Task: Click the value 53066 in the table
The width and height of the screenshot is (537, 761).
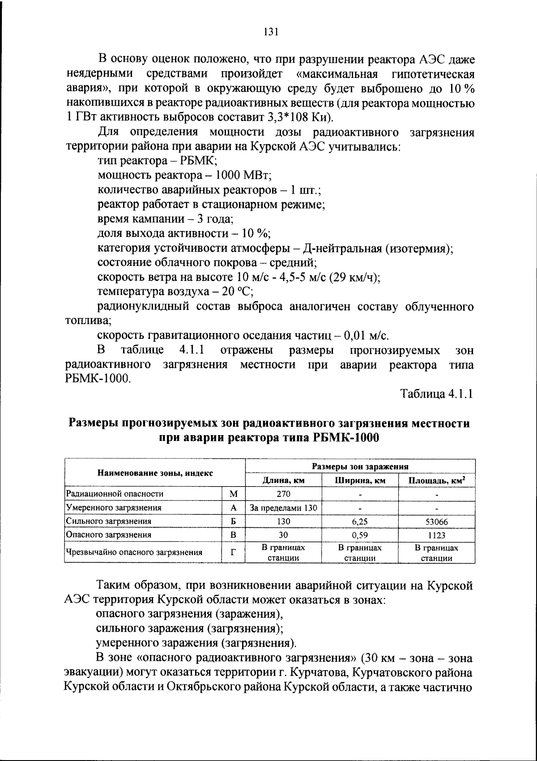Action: point(436,522)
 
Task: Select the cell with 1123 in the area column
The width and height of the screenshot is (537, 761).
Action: point(436,535)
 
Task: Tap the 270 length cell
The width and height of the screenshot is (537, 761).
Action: point(283,494)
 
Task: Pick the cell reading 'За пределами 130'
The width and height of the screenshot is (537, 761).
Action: point(283,508)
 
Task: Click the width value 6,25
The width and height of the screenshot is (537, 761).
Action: point(360,522)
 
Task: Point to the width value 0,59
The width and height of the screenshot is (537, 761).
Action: point(360,535)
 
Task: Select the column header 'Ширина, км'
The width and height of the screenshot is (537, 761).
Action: point(360,481)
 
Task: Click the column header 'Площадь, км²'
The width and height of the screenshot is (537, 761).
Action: point(436,481)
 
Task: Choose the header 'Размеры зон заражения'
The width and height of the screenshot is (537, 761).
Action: point(360,466)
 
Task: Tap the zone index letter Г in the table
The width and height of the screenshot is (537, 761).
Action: point(234,552)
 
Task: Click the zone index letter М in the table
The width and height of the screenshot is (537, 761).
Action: point(234,494)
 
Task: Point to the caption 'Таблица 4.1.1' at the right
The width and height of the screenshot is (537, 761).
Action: point(436,394)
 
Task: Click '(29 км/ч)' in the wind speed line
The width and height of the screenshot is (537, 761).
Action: point(354,278)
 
